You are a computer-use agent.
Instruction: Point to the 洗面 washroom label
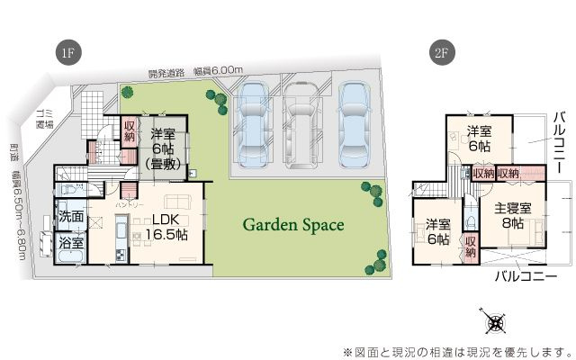(x=71, y=217)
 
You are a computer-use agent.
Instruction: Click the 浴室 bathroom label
(x=71, y=243)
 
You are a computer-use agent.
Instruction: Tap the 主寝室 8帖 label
(x=513, y=216)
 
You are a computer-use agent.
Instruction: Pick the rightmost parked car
(x=354, y=121)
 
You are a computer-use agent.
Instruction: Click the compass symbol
(x=494, y=321)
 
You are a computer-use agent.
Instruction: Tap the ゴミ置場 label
(x=42, y=118)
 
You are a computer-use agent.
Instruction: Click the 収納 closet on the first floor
(x=130, y=134)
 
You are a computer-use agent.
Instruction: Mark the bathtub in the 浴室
(x=68, y=258)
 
